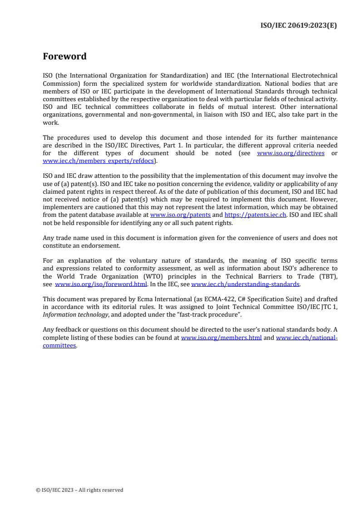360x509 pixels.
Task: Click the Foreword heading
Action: (64, 57)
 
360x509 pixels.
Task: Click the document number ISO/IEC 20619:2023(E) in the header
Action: (298, 25)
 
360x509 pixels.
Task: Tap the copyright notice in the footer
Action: (79, 490)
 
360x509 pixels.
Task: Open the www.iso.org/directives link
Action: (291, 153)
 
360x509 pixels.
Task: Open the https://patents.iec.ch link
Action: (255, 215)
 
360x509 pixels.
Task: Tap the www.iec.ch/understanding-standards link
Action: (245, 284)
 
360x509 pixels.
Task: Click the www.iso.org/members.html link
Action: (221, 338)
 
